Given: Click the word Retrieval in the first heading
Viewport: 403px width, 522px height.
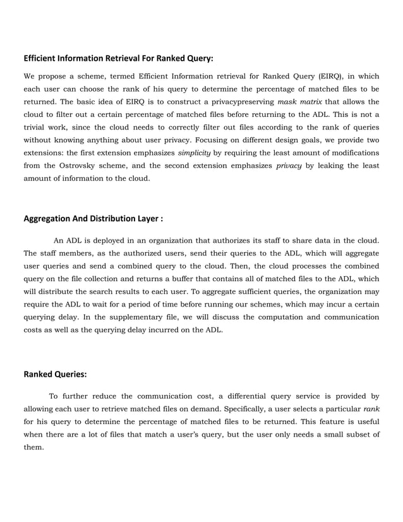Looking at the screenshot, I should coord(116,58).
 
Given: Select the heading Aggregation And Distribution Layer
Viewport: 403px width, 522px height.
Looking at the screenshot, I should coord(93,219).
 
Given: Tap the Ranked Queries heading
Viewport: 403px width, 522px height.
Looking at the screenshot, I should coord(55,374).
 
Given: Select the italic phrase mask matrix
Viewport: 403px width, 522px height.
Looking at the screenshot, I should coord(301,102).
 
